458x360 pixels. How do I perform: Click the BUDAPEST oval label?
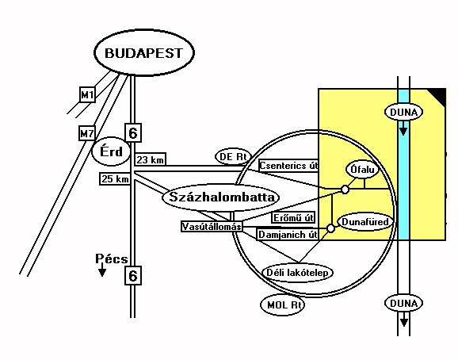click(x=144, y=52)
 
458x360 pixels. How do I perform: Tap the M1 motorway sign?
click(x=87, y=94)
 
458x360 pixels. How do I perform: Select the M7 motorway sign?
click(x=86, y=133)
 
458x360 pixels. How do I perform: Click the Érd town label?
click(x=111, y=151)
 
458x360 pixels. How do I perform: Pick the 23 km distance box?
click(x=150, y=159)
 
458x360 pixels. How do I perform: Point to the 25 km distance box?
click(x=115, y=178)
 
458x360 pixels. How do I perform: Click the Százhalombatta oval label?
click(x=220, y=197)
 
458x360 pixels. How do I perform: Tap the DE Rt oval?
click(x=233, y=157)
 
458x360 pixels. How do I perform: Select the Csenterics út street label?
click(x=288, y=166)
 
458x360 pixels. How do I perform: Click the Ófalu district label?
click(x=362, y=169)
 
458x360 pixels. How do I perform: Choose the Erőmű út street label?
click(x=293, y=218)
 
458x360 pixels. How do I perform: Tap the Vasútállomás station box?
click(x=212, y=227)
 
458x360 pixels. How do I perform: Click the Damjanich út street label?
click(x=288, y=235)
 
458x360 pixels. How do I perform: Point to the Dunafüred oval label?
click(x=365, y=222)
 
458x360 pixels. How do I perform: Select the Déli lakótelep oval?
click(x=297, y=273)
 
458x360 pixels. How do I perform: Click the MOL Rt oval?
click(x=282, y=304)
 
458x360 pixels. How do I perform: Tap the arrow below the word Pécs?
click(x=101, y=270)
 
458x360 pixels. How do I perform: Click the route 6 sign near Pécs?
click(x=133, y=275)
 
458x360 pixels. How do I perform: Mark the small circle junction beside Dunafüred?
click(x=330, y=228)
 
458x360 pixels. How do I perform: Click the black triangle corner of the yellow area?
click(x=439, y=95)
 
